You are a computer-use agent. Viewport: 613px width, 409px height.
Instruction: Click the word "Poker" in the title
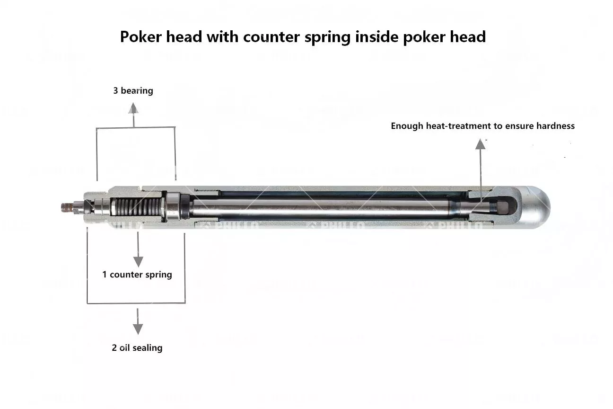point(140,37)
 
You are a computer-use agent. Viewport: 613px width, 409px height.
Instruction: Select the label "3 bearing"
point(133,91)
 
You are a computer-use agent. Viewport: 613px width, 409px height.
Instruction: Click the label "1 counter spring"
point(137,275)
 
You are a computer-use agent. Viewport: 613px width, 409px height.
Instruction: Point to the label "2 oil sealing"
point(137,347)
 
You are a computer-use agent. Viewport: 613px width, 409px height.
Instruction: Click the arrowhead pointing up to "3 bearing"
point(133,108)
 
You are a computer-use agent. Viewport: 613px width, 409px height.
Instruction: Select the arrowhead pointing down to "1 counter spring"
point(138,262)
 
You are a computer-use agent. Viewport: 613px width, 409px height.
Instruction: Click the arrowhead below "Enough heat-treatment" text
point(480,144)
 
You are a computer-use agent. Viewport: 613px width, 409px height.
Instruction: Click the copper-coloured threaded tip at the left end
point(67,207)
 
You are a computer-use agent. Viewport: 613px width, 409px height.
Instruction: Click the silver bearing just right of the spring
point(173,207)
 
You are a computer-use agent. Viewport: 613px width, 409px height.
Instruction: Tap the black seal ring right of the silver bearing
point(185,207)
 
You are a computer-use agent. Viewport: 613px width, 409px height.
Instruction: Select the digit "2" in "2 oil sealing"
point(114,347)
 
